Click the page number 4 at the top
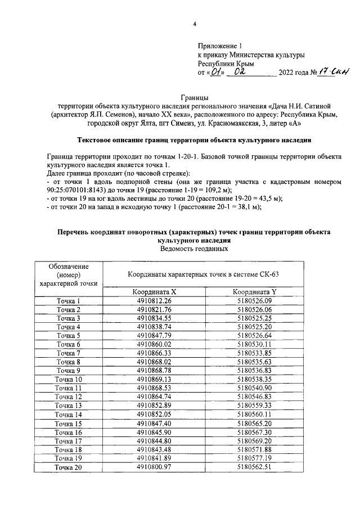tap(195, 24)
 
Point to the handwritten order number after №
tap(335, 71)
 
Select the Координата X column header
tap(154, 292)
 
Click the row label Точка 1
tap(68, 301)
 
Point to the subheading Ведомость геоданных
tap(195, 249)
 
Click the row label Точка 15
tap(68, 423)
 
